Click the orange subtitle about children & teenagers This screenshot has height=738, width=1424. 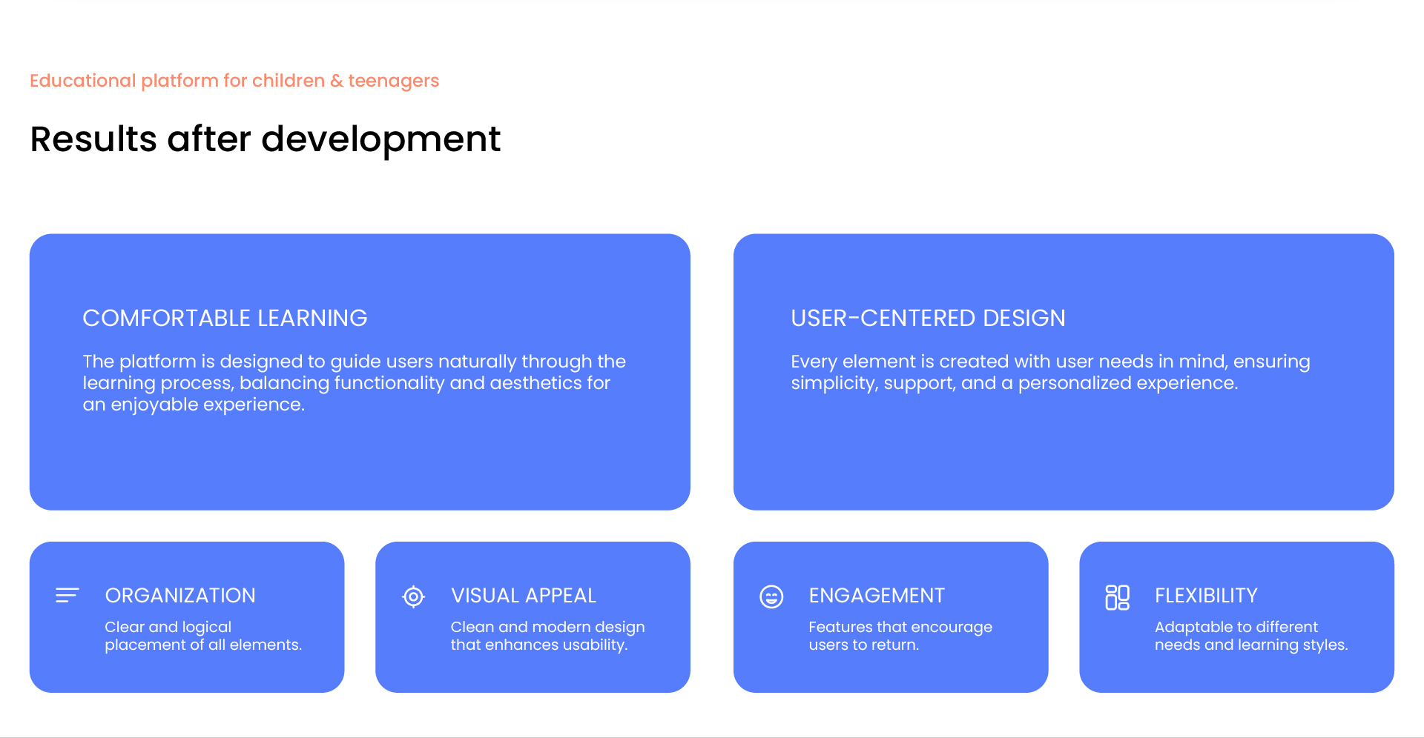tap(234, 81)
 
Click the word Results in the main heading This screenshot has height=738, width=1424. tap(93, 139)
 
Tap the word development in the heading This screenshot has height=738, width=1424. tap(381, 140)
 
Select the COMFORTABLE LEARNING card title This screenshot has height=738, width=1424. tap(225, 318)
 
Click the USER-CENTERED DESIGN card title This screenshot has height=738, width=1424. tap(928, 318)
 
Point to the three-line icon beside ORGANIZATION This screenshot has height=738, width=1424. tap(67, 595)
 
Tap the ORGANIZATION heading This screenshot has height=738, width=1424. tap(180, 595)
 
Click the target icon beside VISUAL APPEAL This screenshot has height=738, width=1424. tap(413, 596)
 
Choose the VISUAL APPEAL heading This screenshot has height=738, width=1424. tap(524, 595)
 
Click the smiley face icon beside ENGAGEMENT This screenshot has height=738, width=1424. tap(771, 596)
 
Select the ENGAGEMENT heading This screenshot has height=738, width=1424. tap(877, 595)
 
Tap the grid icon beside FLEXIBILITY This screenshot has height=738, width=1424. tap(1117, 597)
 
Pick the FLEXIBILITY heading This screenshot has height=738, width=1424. tap(1206, 595)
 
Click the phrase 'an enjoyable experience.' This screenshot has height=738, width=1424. tap(194, 405)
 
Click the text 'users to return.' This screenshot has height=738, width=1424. tap(863, 645)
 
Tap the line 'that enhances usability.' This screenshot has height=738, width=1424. tap(539, 645)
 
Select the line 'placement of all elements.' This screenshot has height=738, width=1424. tap(203, 645)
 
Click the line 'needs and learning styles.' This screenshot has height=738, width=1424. tap(1251, 645)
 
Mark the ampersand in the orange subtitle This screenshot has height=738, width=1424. tap(337, 81)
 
